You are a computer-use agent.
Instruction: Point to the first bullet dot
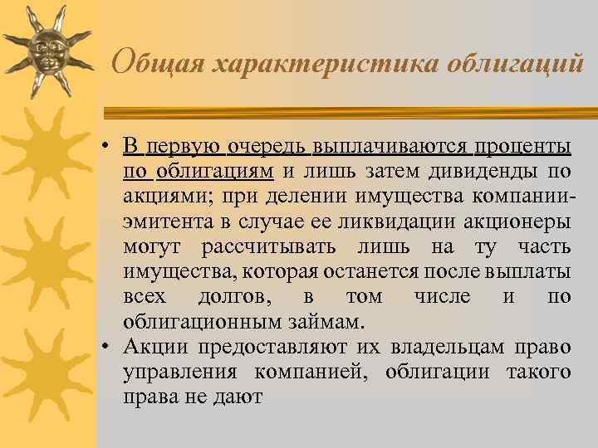(x=108, y=149)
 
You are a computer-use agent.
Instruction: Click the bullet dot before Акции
(x=108, y=348)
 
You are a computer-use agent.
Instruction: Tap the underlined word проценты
(x=522, y=148)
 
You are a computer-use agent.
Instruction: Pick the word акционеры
(x=521, y=222)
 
